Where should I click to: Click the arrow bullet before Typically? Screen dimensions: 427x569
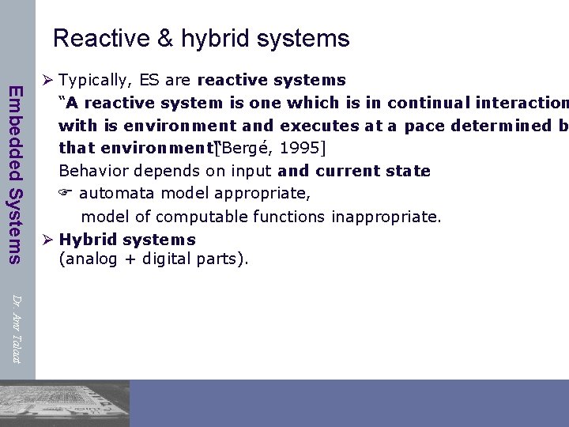tap(47, 80)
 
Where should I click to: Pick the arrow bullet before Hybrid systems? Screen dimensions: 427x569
tap(47, 240)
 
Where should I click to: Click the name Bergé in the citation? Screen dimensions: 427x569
tap(247, 148)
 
